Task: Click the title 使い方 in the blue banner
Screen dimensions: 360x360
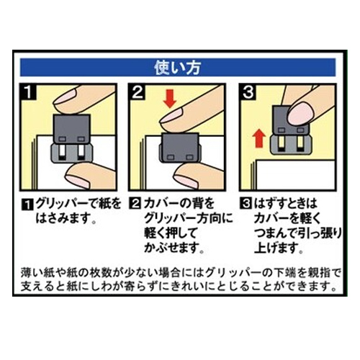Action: click(178, 68)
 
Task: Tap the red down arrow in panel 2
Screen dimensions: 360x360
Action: click(170, 98)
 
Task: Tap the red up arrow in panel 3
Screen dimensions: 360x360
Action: click(260, 138)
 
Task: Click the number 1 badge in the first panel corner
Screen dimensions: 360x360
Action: click(28, 91)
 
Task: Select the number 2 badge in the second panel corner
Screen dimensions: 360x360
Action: click(137, 91)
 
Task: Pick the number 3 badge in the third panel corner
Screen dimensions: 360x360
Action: click(248, 91)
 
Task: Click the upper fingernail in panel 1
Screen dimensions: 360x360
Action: click(64, 97)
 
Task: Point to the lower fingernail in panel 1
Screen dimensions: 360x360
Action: click(77, 181)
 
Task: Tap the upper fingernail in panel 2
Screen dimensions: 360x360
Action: click(171, 115)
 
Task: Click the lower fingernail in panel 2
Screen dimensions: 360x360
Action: click(186, 181)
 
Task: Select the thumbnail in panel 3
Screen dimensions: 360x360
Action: click(301, 114)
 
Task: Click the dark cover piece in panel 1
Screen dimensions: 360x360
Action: click(71, 130)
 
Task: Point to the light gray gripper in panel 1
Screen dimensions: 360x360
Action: click(71, 153)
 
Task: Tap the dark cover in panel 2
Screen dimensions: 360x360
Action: click(179, 147)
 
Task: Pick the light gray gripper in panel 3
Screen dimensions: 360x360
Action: click(291, 143)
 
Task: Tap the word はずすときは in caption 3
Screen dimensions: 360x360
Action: click(285, 204)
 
